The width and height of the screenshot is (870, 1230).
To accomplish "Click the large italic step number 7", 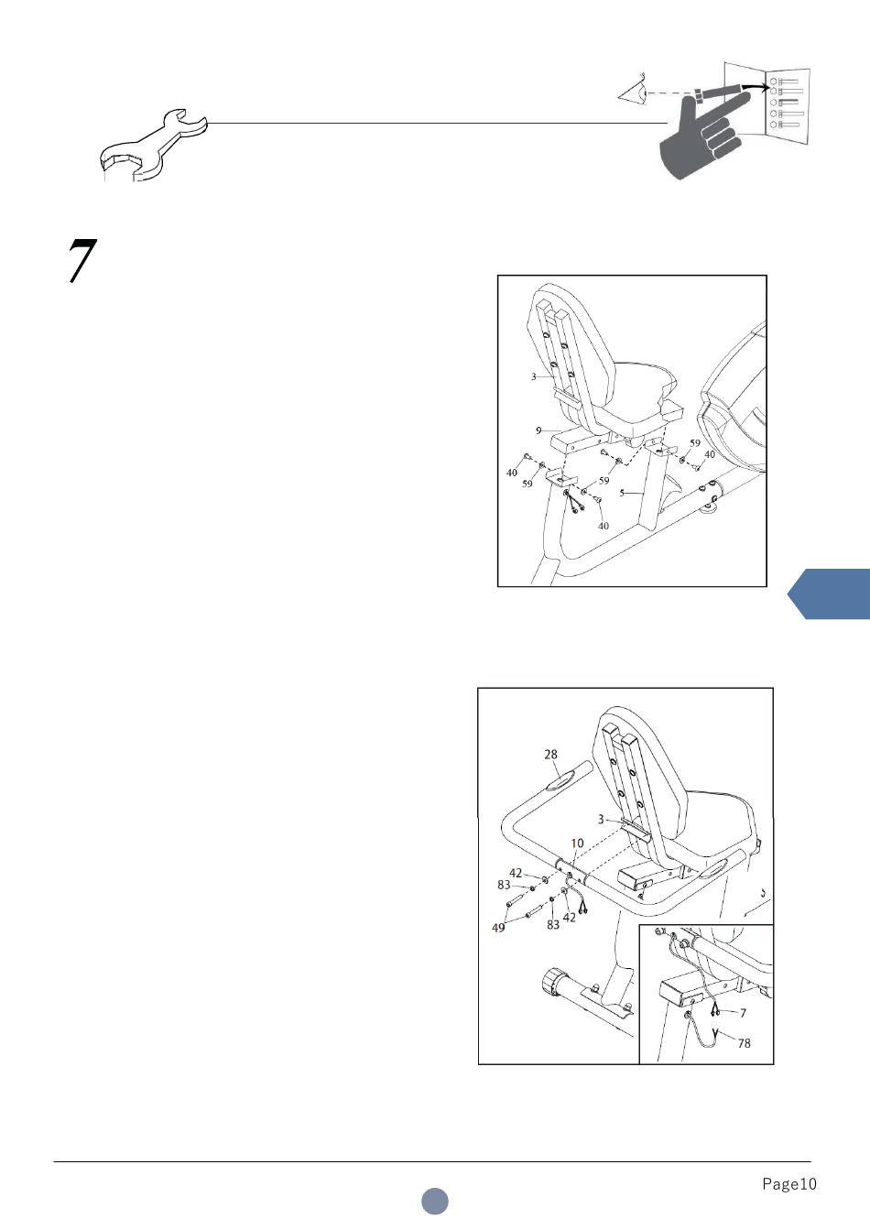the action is pos(82,260).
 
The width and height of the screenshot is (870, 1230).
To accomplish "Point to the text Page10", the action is pos(788,1184).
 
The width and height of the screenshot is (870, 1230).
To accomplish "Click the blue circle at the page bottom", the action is pos(435,1201).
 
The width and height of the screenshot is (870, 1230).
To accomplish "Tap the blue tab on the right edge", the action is pos(829,594).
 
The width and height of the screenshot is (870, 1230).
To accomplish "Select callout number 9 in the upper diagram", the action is pos(538,431).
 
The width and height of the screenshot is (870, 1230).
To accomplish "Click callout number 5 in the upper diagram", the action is pos(622,493).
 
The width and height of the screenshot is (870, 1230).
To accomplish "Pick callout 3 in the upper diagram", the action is pos(533,376).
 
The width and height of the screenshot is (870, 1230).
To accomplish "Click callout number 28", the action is pos(550,755).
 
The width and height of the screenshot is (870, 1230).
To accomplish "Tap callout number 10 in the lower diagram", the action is pos(577,844).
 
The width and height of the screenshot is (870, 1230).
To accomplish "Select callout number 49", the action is pos(498,928).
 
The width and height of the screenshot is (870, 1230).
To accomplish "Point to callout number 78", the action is pos(744,1043).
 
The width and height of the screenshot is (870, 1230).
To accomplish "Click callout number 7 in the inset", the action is pos(743,1013).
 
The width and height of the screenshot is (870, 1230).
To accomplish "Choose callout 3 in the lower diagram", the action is pos(601,820).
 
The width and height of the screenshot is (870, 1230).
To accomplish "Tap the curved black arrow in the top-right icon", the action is pos(756,87).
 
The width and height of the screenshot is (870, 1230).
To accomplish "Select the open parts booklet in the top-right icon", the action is pos(767,104).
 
